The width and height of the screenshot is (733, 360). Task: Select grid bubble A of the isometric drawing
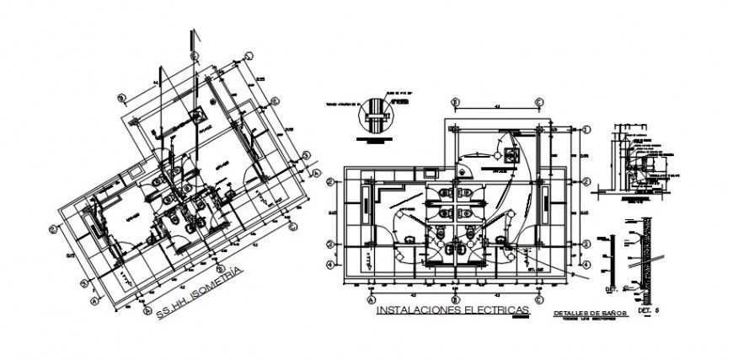point(94,298)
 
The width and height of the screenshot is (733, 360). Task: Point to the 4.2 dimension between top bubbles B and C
point(497,107)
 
